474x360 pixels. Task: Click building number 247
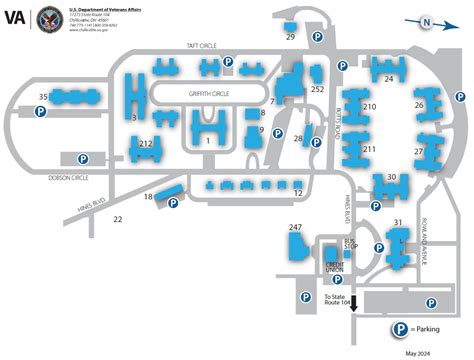click(295, 229)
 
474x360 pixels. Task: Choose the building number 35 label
click(42, 97)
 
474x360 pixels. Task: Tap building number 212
click(146, 144)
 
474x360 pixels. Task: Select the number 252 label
click(317, 89)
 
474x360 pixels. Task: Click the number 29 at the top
click(290, 37)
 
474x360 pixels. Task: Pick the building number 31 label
click(398, 222)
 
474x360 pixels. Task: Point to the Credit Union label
click(334, 267)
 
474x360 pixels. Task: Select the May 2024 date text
click(420, 353)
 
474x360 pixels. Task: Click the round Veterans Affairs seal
click(49, 19)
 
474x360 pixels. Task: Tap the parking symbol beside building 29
click(318, 39)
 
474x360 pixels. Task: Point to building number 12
click(298, 193)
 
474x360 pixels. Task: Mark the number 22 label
click(118, 218)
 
